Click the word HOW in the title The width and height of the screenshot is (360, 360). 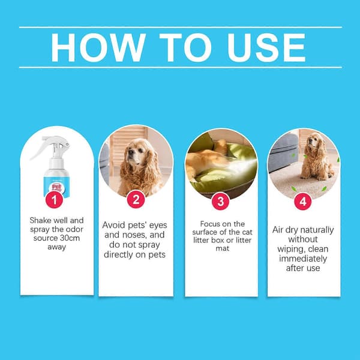click(98, 47)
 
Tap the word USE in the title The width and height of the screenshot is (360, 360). click(266, 47)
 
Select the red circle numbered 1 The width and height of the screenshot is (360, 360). click(54, 200)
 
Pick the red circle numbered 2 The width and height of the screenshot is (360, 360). click(136, 199)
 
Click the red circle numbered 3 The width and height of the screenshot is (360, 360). click(220, 202)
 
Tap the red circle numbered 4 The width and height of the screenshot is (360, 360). click(303, 202)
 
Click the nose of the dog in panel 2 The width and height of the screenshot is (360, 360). click(130, 152)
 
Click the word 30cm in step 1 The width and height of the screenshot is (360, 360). click(70, 238)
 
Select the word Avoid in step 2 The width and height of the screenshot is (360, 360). click(113, 225)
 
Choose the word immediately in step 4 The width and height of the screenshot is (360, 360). click(303, 259)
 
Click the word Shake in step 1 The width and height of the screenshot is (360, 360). click(40, 220)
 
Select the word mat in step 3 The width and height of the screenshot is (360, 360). click(223, 248)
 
